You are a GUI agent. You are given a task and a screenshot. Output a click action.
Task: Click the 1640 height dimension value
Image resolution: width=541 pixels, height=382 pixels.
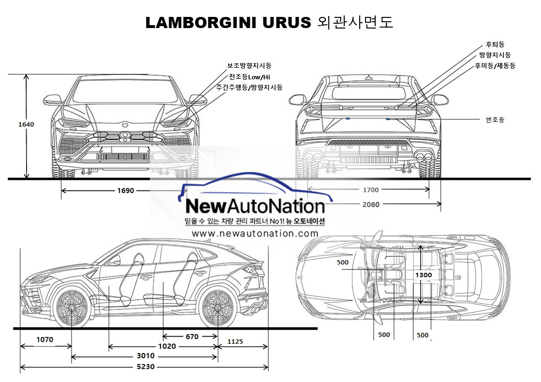coord(26,124)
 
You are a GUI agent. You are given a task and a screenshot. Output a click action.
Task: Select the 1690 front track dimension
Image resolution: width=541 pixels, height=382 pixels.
coord(125,191)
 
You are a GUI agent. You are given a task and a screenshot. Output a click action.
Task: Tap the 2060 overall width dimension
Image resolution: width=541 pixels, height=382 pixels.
coord(371,205)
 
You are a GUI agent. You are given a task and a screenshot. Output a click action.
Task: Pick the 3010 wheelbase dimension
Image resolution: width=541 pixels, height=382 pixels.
coord(145,357)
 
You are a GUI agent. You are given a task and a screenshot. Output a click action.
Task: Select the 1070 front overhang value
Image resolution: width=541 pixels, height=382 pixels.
coord(44,339)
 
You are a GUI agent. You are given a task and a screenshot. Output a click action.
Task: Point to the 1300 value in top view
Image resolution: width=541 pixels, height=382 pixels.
coord(423,275)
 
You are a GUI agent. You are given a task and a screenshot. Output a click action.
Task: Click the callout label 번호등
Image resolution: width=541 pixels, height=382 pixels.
coord(495,119)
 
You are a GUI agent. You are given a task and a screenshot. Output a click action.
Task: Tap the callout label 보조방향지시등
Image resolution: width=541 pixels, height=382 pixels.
coord(249,65)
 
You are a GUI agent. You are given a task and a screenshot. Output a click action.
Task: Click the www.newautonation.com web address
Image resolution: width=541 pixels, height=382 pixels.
coord(255,234)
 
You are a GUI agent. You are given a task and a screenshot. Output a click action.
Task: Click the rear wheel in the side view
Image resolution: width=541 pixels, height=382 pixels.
coord(217,307)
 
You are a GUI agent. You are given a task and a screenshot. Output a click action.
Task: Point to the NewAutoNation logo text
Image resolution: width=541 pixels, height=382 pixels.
coord(255,206)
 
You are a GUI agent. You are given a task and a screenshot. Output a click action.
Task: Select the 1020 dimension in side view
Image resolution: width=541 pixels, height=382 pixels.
coord(167,346)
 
